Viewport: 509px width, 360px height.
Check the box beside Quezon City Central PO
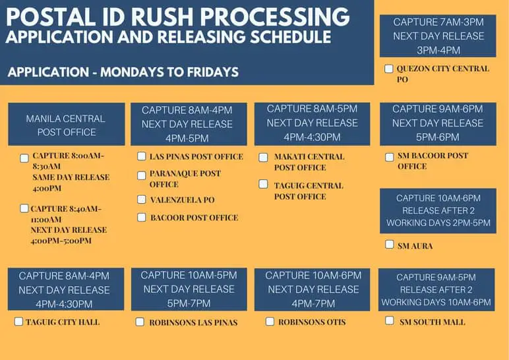[388, 69]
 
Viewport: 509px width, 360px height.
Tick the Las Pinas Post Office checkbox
[142, 156]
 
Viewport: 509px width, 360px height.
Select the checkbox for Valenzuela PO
[142, 199]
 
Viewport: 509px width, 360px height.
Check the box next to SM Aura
[389, 244]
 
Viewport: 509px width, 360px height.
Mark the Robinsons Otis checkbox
[270, 322]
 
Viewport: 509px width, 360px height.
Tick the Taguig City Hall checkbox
[18, 321]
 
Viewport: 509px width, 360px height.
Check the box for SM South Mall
[389, 320]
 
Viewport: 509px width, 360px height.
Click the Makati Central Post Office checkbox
[263, 158]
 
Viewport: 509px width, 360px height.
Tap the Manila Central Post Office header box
[67, 124]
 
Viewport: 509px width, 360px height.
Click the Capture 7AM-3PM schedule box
[438, 36]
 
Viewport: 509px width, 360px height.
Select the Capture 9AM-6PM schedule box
[438, 124]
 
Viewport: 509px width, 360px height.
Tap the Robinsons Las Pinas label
[193, 322]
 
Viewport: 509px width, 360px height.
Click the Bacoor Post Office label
[194, 218]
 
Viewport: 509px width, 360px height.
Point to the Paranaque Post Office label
[185, 179]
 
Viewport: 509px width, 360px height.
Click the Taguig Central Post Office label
[309, 191]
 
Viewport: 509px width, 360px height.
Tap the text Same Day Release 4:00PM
[71, 183]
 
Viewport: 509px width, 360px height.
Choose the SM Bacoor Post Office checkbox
[389, 157]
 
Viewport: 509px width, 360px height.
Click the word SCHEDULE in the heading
[291, 37]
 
